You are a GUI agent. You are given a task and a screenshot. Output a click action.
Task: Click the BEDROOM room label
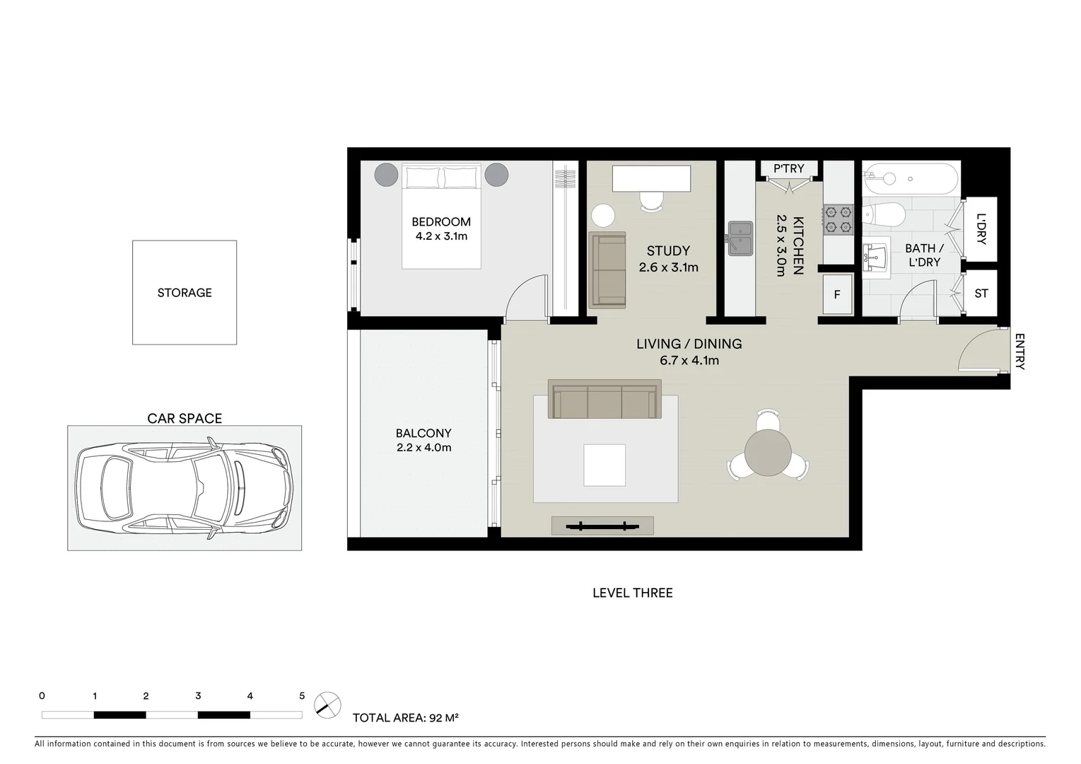point(441,221)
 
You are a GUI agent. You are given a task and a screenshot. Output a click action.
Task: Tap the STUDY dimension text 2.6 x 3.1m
point(668,267)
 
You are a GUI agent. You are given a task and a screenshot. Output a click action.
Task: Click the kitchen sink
point(740,238)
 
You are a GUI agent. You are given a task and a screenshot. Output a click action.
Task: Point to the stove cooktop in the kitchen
point(838,219)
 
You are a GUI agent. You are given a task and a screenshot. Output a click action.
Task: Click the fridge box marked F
point(837,294)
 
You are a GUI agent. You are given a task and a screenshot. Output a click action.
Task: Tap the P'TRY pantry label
point(788,168)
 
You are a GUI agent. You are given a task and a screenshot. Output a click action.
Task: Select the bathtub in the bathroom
point(910,179)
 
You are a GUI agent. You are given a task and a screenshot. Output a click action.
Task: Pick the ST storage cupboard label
point(981,293)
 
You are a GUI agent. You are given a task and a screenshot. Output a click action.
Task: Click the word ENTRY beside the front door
point(1019,352)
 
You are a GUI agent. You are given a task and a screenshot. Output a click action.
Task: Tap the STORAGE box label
point(185,292)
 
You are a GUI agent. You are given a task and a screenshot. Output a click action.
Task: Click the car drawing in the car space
point(185,488)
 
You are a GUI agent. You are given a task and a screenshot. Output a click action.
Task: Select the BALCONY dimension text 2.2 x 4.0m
point(423,448)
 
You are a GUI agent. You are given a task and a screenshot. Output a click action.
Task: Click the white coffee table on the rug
point(604,465)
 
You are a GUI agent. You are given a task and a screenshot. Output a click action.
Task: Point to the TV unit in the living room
point(602,526)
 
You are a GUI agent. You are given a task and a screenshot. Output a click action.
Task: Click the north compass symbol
point(327,705)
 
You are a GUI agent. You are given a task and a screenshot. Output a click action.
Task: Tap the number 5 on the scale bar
point(302,696)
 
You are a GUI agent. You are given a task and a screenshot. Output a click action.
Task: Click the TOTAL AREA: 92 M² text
point(406,718)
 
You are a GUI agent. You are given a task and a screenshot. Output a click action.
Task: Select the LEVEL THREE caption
point(632,593)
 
